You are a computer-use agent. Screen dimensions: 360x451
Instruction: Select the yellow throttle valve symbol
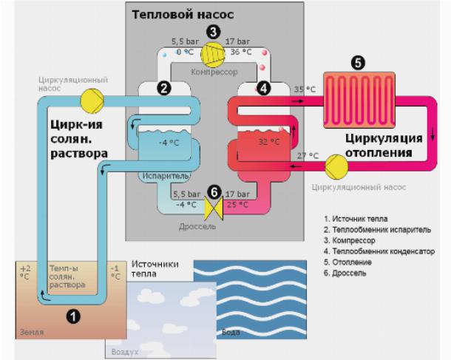[x=214, y=209]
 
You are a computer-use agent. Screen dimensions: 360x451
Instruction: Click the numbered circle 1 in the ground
[x=72, y=316]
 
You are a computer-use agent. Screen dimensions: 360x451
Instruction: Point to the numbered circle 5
[x=359, y=64]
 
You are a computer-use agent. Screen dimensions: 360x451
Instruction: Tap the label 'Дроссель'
[x=198, y=226]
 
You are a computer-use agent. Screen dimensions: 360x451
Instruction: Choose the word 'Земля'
[x=32, y=333]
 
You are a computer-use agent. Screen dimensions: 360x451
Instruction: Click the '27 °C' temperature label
[x=308, y=155]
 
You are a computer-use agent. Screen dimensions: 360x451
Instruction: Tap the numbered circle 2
[x=165, y=88]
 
